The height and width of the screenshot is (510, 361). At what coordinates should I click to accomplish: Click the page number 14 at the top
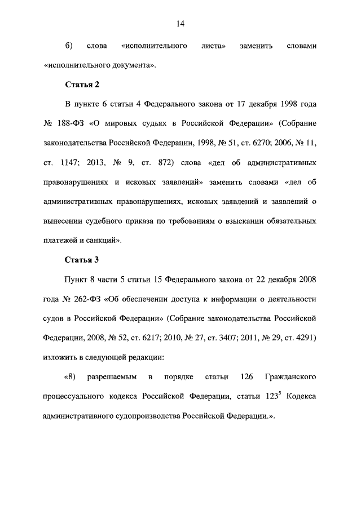(x=180, y=24)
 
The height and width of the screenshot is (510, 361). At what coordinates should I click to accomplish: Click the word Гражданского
(x=289, y=377)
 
